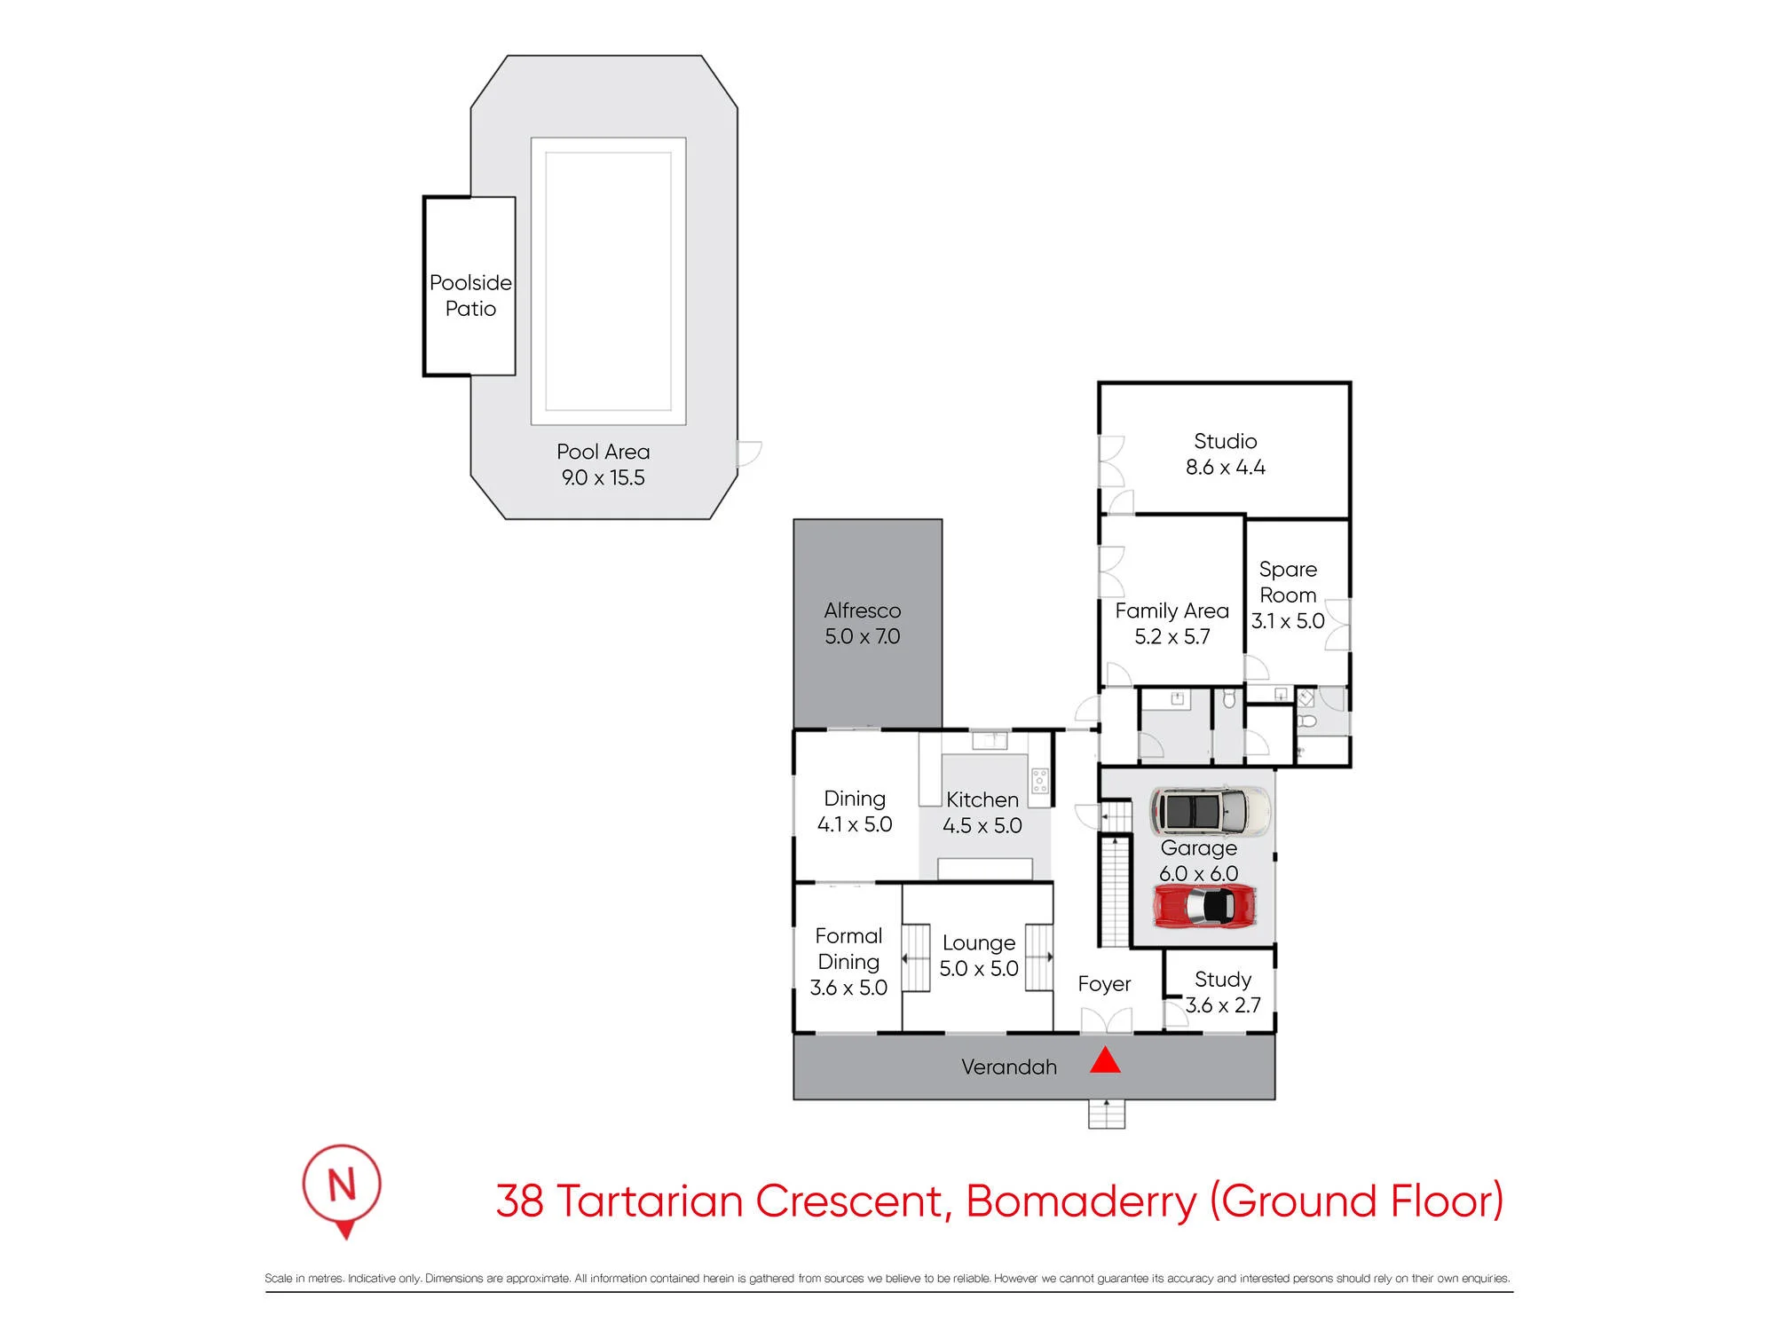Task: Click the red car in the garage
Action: (1204, 906)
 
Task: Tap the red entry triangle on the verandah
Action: (1105, 1060)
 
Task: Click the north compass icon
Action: (342, 1191)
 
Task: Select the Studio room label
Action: (1225, 441)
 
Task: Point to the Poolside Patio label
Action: (470, 295)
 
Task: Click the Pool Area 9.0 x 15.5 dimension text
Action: (603, 477)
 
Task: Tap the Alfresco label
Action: (862, 610)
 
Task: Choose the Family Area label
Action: (1171, 610)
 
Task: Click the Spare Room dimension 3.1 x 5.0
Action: (1288, 621)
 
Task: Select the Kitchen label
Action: (982, 799)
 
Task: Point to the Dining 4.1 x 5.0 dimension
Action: (855, 824)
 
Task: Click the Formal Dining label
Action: (848, 949)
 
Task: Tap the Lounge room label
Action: (979, 942)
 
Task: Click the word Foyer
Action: (1104, 984)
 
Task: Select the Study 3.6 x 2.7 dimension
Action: (1223, 1005)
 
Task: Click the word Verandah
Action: (1009, 1067)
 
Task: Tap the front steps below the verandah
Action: (1107, 1114)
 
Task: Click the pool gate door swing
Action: (749, 453)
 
